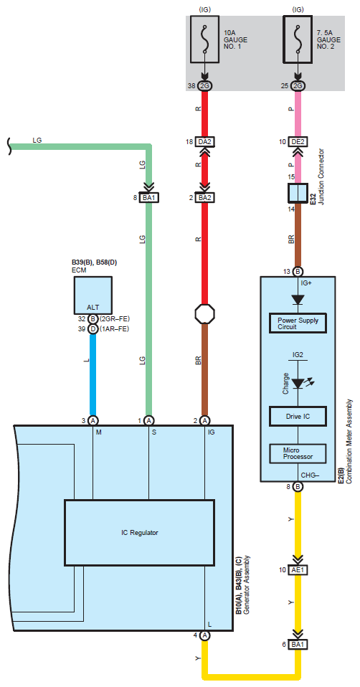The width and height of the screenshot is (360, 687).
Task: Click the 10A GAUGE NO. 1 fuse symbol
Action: point(204,40)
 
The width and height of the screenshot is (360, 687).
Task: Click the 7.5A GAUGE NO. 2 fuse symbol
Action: point(298,40)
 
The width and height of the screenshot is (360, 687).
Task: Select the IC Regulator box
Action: point(140,533)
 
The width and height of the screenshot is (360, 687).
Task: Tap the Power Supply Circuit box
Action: point(298,323)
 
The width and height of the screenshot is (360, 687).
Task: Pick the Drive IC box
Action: point(298,416)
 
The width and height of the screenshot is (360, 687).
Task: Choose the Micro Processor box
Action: point(298,453)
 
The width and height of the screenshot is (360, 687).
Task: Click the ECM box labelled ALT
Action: point(93,295)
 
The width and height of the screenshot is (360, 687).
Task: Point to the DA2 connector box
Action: point(204,142)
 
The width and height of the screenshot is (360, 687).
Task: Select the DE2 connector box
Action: point(298,142)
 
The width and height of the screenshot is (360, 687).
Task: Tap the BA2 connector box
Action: point(204,198)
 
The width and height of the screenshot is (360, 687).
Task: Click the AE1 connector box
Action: point(298,570)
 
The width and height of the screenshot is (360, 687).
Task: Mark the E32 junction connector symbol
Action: point(298,192)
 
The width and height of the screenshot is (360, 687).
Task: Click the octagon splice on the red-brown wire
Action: point(204,313)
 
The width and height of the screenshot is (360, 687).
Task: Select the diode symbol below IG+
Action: point(298,300)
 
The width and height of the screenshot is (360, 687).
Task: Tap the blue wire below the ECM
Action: point(93,374)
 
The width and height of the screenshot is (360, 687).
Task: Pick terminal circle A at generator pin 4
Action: point(204,635)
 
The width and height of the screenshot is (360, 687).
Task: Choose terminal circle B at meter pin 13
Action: point(298,271)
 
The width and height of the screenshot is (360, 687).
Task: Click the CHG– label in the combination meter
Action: point(310,475)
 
